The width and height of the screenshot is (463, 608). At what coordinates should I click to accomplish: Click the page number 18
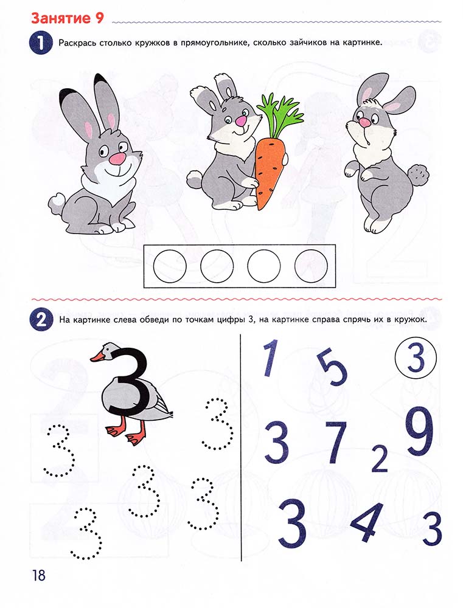[x=39, y=575]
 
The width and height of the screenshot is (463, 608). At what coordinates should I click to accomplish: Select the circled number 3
[x=416, y=359]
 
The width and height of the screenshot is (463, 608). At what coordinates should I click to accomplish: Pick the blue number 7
[x=336, y=443]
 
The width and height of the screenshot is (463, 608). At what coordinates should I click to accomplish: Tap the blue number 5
[x=333, y=368]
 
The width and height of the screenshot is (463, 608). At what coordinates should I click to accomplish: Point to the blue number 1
[x=271, y=358]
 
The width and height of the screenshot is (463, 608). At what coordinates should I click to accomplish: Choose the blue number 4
[x=368, y=521]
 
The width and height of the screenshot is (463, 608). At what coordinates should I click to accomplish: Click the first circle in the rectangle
[x=170, y=266]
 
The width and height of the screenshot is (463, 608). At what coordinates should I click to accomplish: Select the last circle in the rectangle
[x=311, y=266]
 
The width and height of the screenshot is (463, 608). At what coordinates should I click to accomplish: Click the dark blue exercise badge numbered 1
[x=40, y=43]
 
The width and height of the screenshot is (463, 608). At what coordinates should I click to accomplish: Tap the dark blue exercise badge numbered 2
[x=40, y=320]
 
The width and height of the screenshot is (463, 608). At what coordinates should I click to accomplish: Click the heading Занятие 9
[x=67, y=18]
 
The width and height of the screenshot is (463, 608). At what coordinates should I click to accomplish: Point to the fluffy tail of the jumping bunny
[x=419, y=175]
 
